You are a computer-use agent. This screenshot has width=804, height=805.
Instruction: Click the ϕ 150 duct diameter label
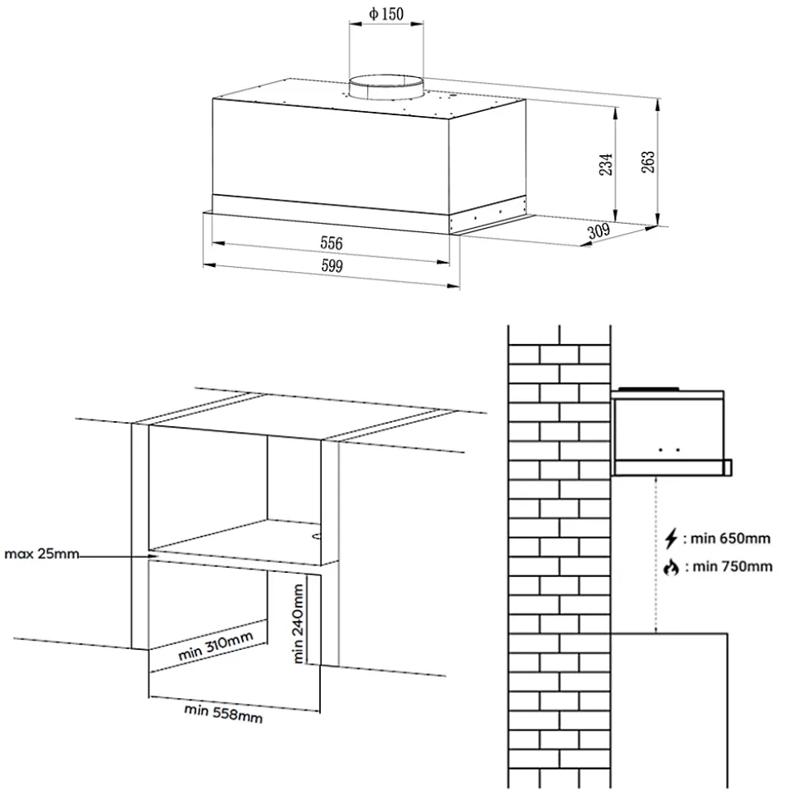tap(386, 14)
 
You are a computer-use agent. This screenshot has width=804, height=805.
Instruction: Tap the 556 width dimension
tap(332, 243)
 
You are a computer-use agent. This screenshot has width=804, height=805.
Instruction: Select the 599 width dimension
tap(332, 265)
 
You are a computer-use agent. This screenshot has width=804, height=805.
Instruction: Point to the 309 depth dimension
tap(598, 231)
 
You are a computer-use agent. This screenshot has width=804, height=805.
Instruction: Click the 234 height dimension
tap(606, 164)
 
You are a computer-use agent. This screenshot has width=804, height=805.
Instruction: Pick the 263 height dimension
tap(648, 162)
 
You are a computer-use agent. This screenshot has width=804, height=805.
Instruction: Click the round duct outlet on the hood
tap(386, 87)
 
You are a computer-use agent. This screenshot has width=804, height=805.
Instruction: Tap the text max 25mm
tap(41, 554)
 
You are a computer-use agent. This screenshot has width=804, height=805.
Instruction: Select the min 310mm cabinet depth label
tap(216, 646)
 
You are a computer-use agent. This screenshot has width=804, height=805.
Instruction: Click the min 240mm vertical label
tap(298, 623)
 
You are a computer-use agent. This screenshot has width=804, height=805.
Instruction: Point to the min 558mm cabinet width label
tap(223, 713)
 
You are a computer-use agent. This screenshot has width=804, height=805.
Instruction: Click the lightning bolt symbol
tap(671, 539)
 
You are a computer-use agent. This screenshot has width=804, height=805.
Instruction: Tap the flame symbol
tap(671, 567)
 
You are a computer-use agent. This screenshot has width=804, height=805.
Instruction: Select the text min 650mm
tap(730, 539)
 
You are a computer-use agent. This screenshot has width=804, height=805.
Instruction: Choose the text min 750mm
tap(733, 567)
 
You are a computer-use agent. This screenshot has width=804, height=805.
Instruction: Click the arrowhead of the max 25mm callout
tap(153, 555)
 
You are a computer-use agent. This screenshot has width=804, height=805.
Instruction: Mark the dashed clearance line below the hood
tap(656, 555)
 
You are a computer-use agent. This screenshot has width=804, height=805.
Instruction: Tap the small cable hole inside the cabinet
tap(317, 536)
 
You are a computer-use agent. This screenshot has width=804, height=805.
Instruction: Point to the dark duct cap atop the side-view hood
tap(649, 389)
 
